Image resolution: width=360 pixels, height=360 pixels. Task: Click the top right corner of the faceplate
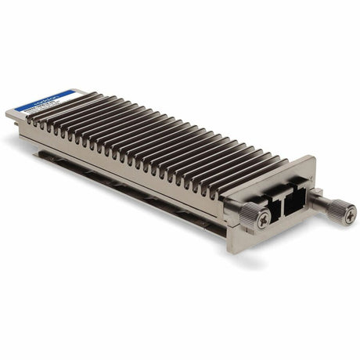314,158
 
